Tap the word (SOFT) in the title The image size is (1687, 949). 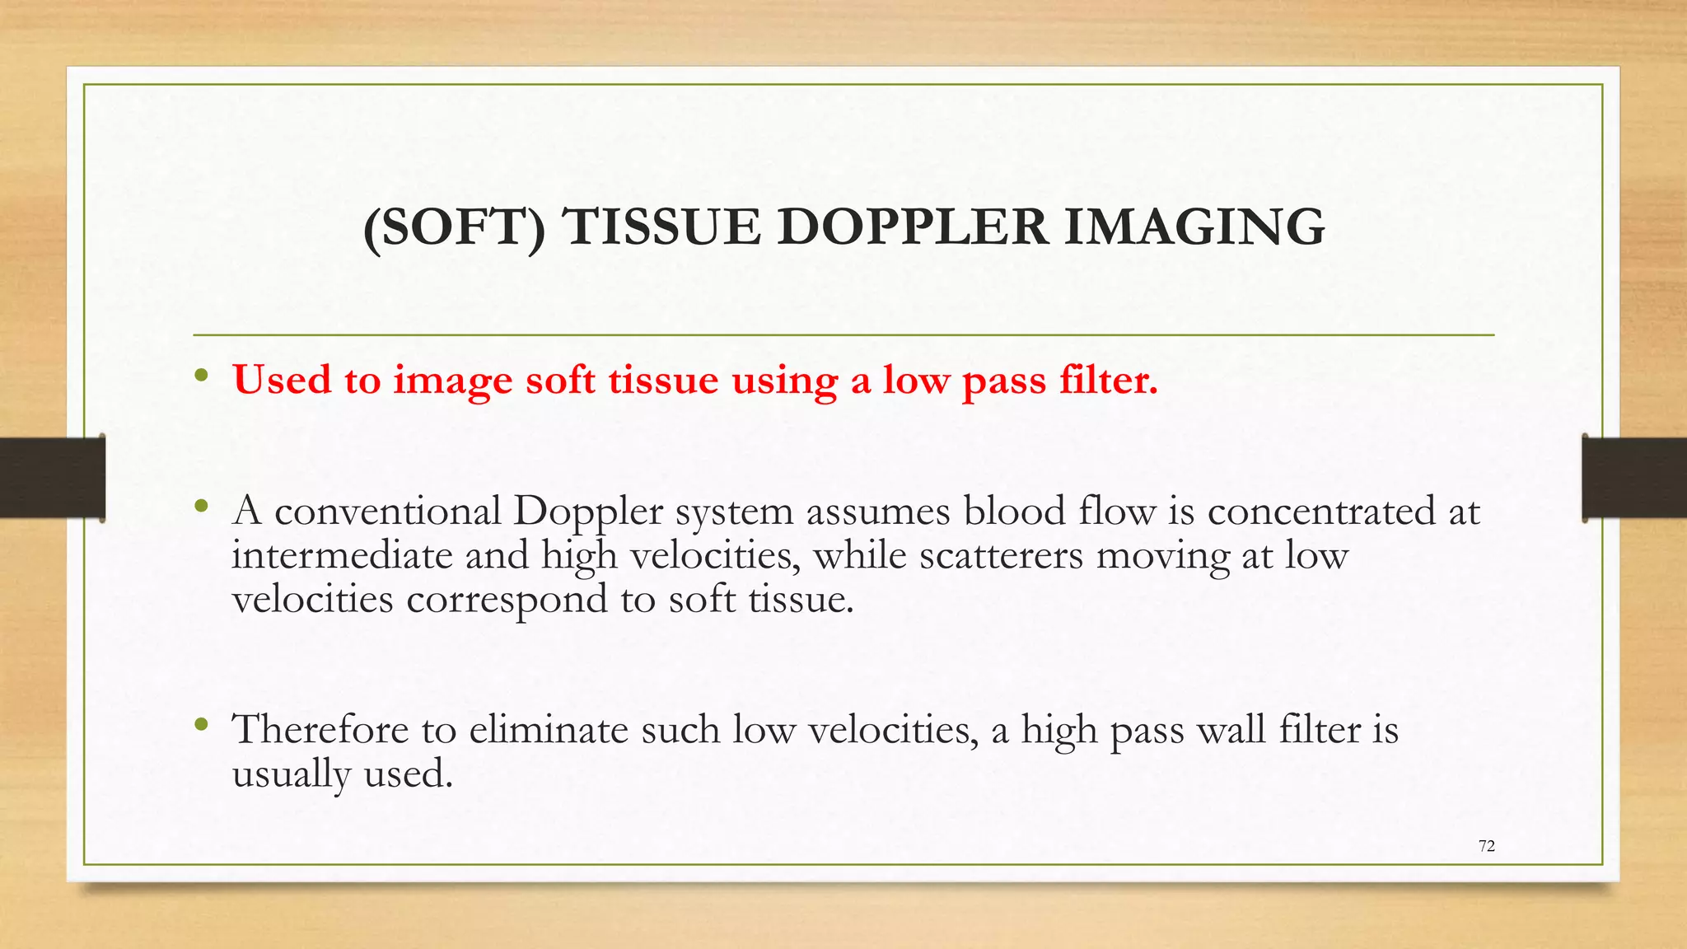[455, 227]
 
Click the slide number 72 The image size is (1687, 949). [1487, 846]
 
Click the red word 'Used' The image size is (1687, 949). [282, 380]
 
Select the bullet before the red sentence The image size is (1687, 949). [202, 377]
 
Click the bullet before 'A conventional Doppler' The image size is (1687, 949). [202, 506]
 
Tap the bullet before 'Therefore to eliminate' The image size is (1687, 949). [202, 725]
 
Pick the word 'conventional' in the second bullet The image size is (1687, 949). [387, 512]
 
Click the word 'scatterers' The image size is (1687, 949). [1001, 556]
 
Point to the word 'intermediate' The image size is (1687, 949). [342, 556]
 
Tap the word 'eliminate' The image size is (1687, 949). [549, 730]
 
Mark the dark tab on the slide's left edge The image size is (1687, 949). [52, 478]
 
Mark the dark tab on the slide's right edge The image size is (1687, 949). [1634, 478]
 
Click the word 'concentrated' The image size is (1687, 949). [1321, 512]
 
